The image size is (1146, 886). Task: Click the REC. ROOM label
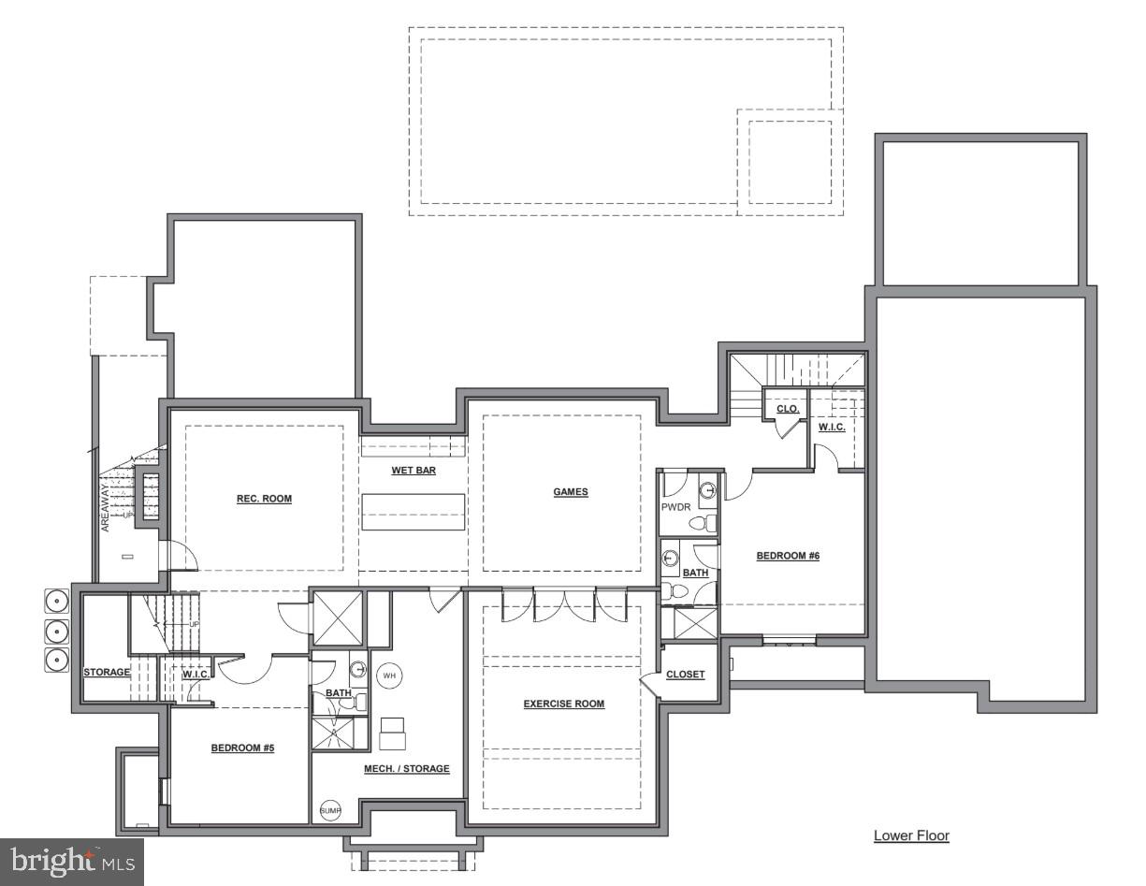(264, 499)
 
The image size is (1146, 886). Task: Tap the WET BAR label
(413, 470)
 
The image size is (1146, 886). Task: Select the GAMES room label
(570, 492)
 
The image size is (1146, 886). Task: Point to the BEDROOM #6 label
(788, 556)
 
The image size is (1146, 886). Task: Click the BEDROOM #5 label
(241, 748)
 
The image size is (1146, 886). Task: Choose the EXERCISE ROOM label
(563, 704)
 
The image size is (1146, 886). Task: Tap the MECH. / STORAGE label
(406, 768)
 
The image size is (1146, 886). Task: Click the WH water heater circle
(389, 675)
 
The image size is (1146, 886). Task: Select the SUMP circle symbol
(331, 810)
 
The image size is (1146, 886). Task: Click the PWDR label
(675, 506)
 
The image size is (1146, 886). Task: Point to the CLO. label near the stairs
(788, 409)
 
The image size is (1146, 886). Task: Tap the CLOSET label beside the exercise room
(686, 674)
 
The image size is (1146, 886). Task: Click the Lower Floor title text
(911, 835)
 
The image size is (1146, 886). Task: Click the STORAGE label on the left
(107, 672)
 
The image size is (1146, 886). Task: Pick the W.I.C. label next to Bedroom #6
(832, 428)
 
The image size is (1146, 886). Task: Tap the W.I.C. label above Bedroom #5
(196, 674)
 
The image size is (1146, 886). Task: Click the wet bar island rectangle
(413, 512)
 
